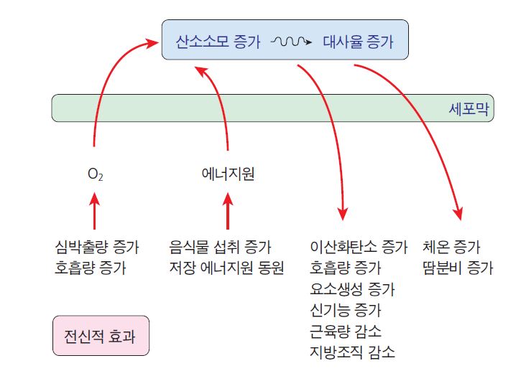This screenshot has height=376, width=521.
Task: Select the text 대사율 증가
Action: [x=359, y=42]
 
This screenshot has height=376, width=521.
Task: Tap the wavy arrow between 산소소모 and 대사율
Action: [x=290, y=42]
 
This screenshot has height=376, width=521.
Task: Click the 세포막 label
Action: [x=467, y=109]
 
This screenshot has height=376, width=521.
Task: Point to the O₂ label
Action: [x=95, y=174]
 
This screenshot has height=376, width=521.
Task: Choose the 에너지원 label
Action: [x=228, y=173]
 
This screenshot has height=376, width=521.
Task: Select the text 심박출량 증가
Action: [x=96, y=248]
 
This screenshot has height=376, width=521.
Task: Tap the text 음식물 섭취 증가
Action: [x=220, y=248]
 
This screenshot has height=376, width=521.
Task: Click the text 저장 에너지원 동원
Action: [x=226, y=268]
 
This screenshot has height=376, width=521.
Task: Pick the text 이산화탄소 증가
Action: [x=359, y=248]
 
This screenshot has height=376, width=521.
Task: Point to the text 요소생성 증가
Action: [x=352, y=289]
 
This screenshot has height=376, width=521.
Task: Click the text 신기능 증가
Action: [x=346, y=310]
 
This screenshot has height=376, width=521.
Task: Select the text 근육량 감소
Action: [x=346, y=331]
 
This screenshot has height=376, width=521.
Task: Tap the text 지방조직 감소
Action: [x=352, y=352]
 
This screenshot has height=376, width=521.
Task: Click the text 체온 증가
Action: [x=452, y=248]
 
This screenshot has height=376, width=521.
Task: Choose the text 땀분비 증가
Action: [x=458, y=268]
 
